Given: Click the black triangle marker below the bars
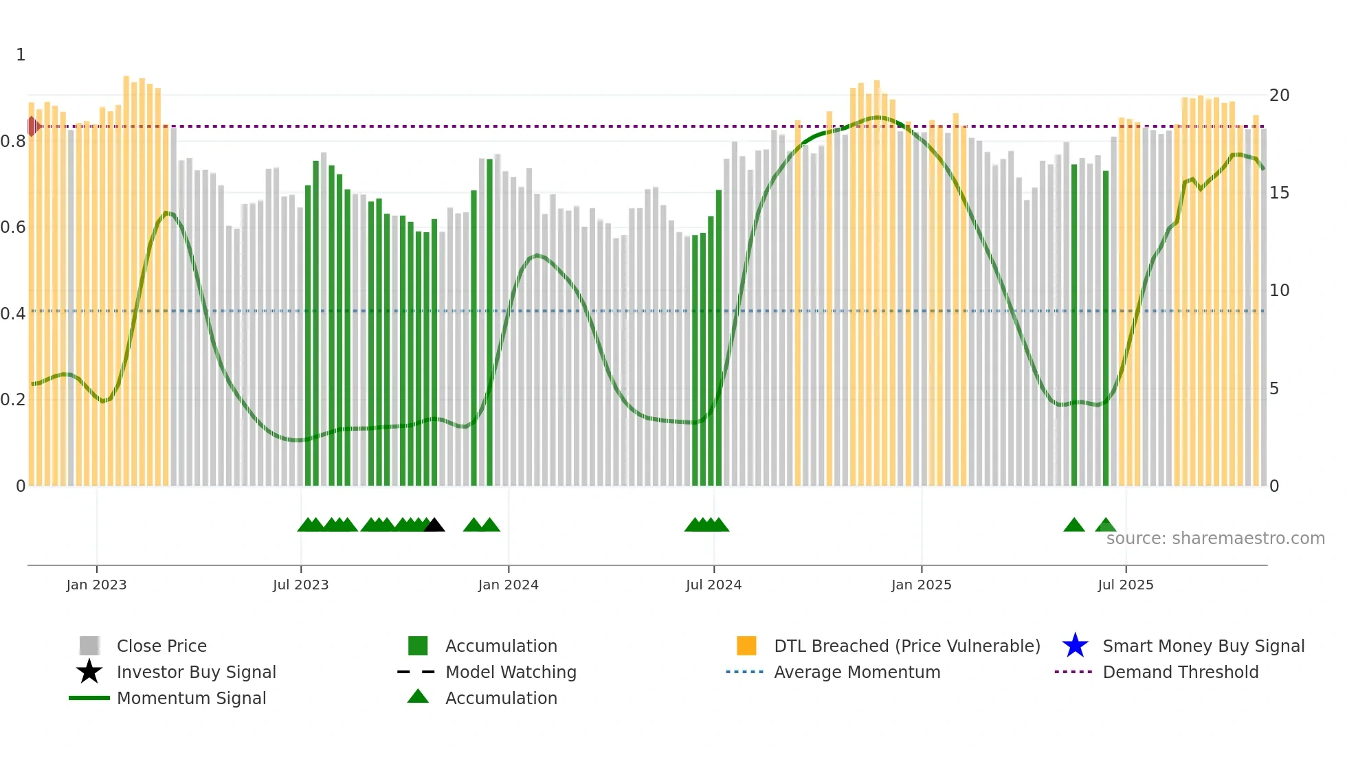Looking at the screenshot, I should tap(434, 526).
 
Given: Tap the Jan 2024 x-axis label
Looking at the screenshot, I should tap(508, 585).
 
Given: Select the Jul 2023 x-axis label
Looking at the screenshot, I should tap(300, 585).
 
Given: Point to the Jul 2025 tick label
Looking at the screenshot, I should tap(1125, 585).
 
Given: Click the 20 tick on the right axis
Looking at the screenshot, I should tap(1279, 95).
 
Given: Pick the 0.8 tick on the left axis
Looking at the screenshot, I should tap(13, 142).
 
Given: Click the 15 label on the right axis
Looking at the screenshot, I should tap(1279, 193).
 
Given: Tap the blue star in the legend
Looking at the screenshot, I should tap(1075, 646).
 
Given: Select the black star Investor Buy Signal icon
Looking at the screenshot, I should tap(89, 672).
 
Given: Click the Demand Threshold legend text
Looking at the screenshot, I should tap(1180, 672).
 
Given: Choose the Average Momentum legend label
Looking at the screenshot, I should tap(856, 672).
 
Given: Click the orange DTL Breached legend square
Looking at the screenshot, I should tap(746, 646).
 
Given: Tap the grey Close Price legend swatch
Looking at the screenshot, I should tap(89, 646).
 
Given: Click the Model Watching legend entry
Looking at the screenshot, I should tap(510, 672).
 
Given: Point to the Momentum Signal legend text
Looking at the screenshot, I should tap(191, 698).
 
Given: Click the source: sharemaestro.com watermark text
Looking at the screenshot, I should tap(1215, 538).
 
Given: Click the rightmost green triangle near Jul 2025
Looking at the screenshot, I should tap(1105, 526).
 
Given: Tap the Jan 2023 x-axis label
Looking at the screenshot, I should tap(96, 585).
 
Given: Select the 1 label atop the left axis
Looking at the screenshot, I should tap(21, 55).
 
